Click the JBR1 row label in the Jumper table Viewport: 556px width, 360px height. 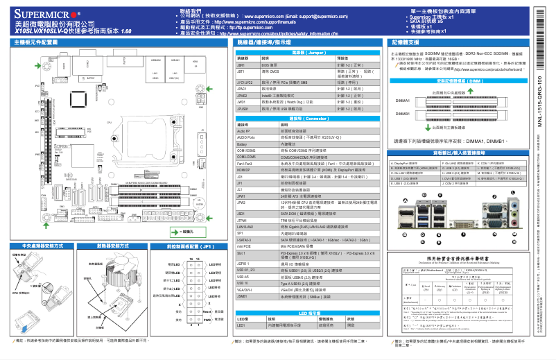pos(242,64)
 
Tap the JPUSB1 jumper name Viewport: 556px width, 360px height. pos(243,108)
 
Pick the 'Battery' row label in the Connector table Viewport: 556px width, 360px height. pos(243,143)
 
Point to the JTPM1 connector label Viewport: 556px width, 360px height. pos(243,219)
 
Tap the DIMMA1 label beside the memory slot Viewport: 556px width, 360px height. pos(402,101)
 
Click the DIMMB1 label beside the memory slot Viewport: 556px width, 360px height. pos(402,113)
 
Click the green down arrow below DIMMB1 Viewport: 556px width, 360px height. pos(425,127)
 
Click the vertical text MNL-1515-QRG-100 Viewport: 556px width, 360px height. pos(539,104)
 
